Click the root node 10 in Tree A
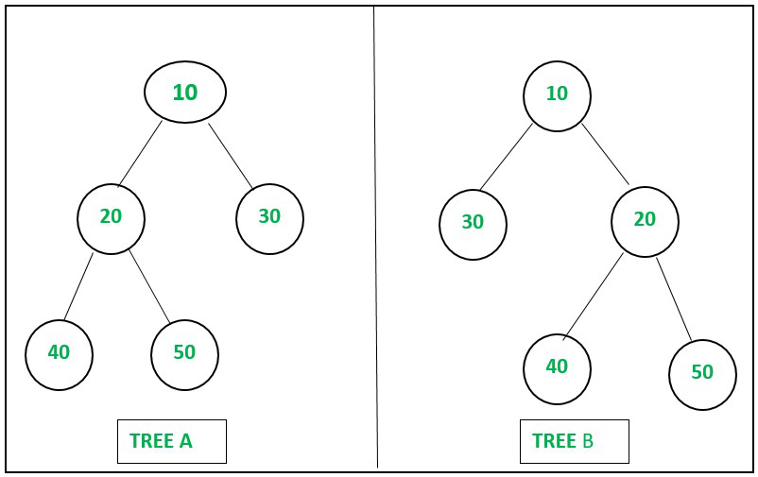[185, 92]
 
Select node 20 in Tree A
[111, 219]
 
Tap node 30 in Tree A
[269, 219]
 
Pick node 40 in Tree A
[59, 355]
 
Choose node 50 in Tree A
[184, 355]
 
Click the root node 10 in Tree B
[557, 95]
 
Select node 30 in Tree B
[473, 225]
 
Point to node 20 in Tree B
[645, 222]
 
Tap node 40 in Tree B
[557, 369]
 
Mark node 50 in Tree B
[703, 375]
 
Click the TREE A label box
[172, 441]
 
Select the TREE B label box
[575, 441]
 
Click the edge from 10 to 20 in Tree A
[140, 154]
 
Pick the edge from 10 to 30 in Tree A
[231, 156]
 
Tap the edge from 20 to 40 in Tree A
[78, 286]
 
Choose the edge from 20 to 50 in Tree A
[149, 286]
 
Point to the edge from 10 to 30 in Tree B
[507, 157]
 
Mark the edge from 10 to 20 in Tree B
[606, 154]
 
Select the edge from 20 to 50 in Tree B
[674, 299]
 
